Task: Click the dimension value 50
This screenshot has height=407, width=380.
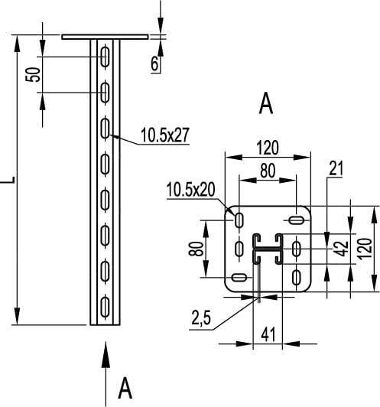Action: pyautogui.click(x=33, y=75)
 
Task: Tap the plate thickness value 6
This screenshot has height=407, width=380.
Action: pyautogui.click(x=154, y=63)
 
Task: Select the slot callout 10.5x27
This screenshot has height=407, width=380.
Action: pyautogui.click(x=165, y=135)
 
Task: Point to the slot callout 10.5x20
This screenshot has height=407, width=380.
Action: pyautogui.click(x=190, y=190)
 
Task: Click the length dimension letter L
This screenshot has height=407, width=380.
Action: pyautogui.click(x=8, y=180)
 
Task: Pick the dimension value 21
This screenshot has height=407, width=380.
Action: pyautogui.click(x=336, y=168)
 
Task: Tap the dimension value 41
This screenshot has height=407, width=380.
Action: pyautogui.click(x=268, y=334)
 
